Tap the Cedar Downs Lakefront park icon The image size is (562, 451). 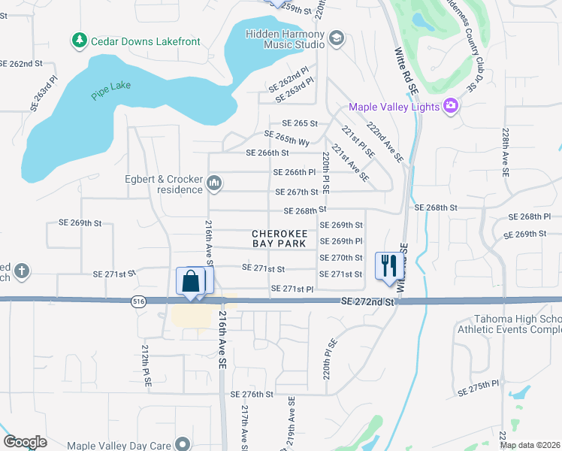(x=78, y=41)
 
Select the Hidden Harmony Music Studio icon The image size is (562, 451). (x=336, y=38)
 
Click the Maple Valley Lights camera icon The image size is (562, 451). (x=451, y=106)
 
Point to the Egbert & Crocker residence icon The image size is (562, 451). (x=215, y=183)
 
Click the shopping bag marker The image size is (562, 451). (x=192, y=281)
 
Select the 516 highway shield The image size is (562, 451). (x=137, y=301)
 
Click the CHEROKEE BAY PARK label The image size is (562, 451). (x=279, y=238)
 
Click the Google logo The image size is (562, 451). (x=25, y=442)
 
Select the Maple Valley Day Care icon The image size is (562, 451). (x=181, y=445)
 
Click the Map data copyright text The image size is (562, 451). (x=530, y=445)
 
